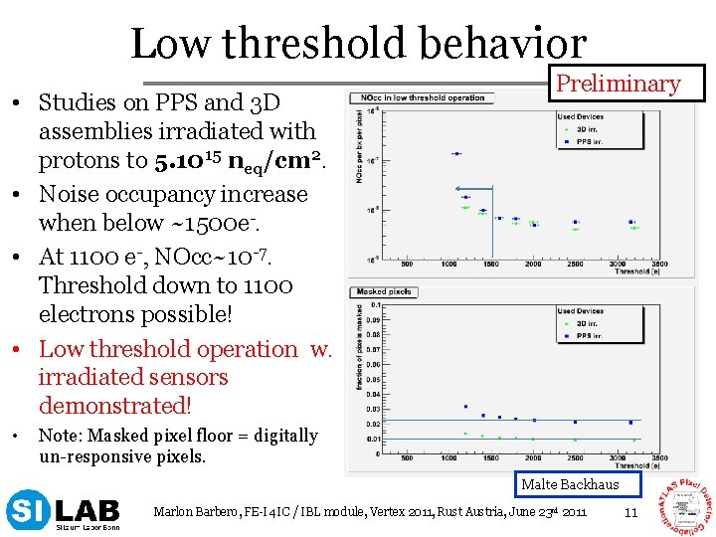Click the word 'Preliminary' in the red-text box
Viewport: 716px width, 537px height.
618,84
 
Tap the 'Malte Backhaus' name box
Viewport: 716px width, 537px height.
570,484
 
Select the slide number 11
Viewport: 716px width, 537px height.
629,512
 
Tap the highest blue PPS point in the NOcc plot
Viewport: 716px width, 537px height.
456,153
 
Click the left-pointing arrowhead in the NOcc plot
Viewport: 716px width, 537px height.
457,188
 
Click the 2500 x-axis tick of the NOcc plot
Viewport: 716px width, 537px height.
576,265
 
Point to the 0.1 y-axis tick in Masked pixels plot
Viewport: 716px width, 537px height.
375,305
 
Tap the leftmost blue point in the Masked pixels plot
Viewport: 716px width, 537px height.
464,407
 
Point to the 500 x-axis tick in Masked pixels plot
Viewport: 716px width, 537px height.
407,459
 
